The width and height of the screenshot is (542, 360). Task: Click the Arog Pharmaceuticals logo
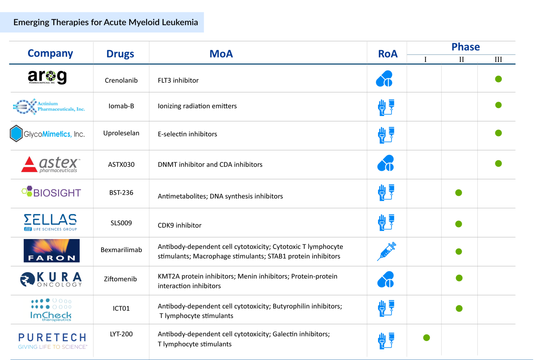47,77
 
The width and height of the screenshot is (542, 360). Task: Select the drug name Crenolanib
121,80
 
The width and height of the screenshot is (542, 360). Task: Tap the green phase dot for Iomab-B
498,105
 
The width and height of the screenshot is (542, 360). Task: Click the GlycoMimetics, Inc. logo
47,134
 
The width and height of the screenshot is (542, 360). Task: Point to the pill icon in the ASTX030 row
386,163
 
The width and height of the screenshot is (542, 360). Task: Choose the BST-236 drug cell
121,193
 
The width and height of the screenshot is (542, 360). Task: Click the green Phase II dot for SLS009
459,224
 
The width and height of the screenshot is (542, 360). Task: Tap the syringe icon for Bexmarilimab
386,251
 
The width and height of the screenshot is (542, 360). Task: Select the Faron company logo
52,251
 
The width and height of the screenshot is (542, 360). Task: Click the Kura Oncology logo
51,279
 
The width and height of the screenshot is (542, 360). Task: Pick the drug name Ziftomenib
120,279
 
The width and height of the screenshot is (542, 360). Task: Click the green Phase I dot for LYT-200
427,338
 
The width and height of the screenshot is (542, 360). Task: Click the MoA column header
221,54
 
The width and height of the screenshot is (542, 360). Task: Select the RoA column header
388,54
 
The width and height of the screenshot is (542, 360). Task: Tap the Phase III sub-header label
498,60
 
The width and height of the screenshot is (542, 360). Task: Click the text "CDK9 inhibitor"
180,225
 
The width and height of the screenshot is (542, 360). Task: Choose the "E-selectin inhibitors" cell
187,134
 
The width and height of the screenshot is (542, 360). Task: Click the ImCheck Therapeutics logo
51,310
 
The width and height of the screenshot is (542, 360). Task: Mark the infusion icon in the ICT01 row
386,308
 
